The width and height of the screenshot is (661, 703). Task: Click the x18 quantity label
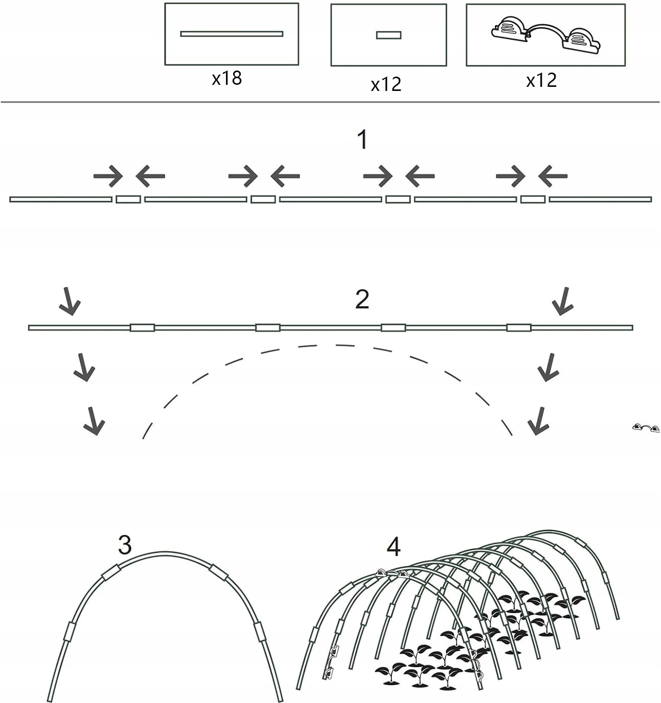[226, 79]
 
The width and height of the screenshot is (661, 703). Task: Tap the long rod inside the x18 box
[232, 34]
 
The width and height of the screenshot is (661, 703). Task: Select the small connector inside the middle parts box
[389, 35]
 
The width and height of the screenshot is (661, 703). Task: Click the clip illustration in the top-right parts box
[545, 34]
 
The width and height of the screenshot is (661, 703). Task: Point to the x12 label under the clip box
[541, 80]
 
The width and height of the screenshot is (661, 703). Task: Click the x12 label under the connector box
[386, 84]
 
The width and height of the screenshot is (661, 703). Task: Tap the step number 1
[362, 140]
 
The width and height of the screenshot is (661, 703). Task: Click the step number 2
[362, 299]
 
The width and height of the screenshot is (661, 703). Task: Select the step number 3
[125, 545]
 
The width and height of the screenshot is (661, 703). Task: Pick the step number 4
[393, 547]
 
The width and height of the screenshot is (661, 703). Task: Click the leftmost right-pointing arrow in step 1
[108, 176]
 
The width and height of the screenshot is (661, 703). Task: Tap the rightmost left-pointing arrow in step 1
[553, 176]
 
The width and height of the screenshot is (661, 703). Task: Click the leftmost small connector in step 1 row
[128, 199]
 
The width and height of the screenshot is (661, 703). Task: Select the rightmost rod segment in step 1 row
[600, 199]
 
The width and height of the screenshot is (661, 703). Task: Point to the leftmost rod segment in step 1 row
[61, 199]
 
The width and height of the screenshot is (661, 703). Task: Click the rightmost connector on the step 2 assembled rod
[519, 327]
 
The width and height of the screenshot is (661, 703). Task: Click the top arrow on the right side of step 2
[563, 301]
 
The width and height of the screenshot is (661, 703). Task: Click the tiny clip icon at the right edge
[646, 428]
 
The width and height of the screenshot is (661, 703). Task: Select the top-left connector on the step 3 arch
[110, 573]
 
